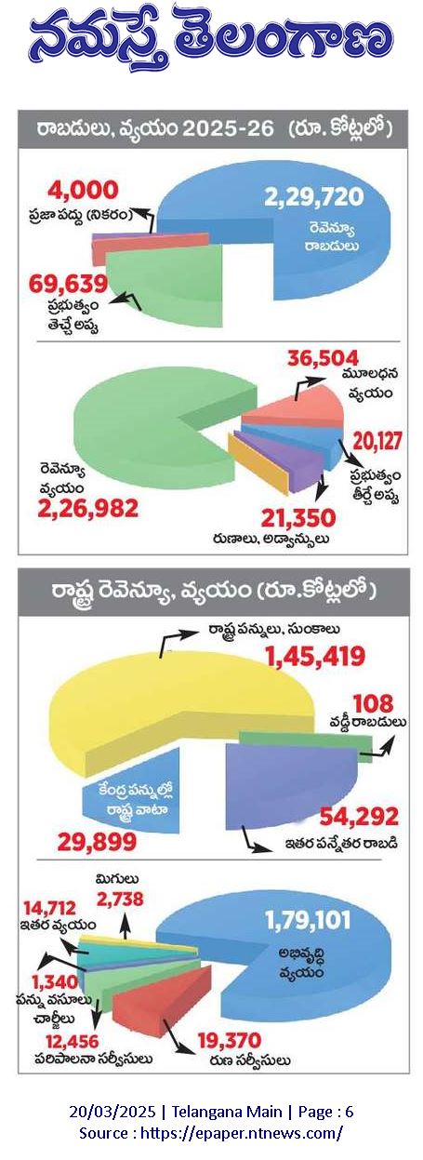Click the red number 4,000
pyautogui.click(x=83, y=190)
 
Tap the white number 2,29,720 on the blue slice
pyautogui.click(x=313, y=197)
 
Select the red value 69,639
pyautogui.click(x=68, y=284)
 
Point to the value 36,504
pyautogui.click(x=324, y=358)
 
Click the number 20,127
pyautogui.click(x=377, y=441)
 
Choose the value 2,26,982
pyautogui.click(x=88, y=509)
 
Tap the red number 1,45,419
pyautogui.click(x=315, y=656)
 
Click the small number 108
pyautogui.click(x=374, y=704)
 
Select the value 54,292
pyautogui.click(x=359, y=817)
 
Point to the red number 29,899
pyautogui.click(x=97, y=843)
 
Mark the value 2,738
pyautogui.click(x=120, y=900)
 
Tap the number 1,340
pyautogui.click(x=55, y=981)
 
